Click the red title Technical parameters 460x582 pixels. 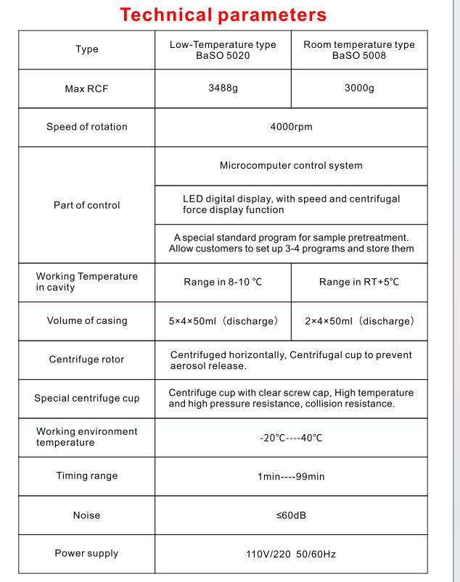click(223, 14)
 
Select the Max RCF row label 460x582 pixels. click(87, 89)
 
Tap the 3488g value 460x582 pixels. click(223, 88)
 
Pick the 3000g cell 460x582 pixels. click(359, 88)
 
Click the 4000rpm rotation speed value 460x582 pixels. click(291, 127)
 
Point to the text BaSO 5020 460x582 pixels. click(223, 55)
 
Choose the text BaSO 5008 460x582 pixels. click(359, 55)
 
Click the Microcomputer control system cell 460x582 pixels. click(291, 165)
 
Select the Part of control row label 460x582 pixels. click(87, 205)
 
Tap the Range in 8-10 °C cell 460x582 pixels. click(223, 282)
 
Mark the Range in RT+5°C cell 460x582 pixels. click(359, 282)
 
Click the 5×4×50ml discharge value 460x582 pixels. click(223, 321)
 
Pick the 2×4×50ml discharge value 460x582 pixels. click(359, 321)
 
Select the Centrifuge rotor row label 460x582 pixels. click(87, 359)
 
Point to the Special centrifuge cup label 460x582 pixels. click(87, 398)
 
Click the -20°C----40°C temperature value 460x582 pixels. click(291, 438)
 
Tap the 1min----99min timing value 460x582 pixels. click(291, 476)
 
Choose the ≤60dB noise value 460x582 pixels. click(291, 515)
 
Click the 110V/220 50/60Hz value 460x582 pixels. click(291, 554)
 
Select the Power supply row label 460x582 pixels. click(87, 554)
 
